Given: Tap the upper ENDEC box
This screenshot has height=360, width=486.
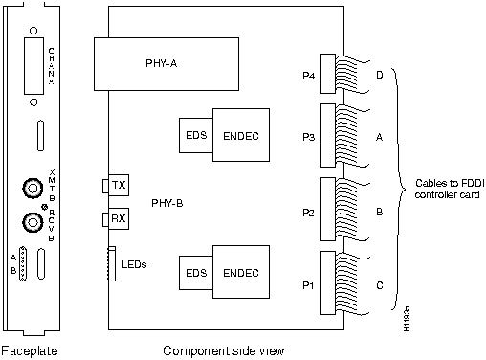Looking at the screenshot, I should click(x=241, y=136).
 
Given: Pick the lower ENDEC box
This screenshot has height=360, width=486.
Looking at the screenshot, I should click(x=241, y=273).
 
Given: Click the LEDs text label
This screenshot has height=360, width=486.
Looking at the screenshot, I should click(x=135, y=264).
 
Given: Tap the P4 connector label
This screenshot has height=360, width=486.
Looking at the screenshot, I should click(x=307, y=74).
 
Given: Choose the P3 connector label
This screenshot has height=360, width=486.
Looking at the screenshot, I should click(x=307, y=136).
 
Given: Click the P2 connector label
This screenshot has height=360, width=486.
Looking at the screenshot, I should click(x=307, y=211).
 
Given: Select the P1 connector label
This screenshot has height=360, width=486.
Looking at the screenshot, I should click(x=307, y=284).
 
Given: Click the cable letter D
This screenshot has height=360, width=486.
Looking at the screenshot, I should click(x=380, y=74).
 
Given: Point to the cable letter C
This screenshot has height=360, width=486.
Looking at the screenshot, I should click(x=380, y=284).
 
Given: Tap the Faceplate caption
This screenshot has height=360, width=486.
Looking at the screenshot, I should click(x=30, y=350).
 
